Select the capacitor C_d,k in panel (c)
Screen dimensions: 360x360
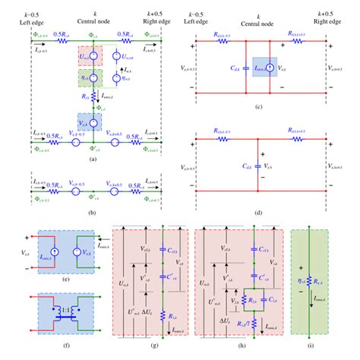click(248, 71)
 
